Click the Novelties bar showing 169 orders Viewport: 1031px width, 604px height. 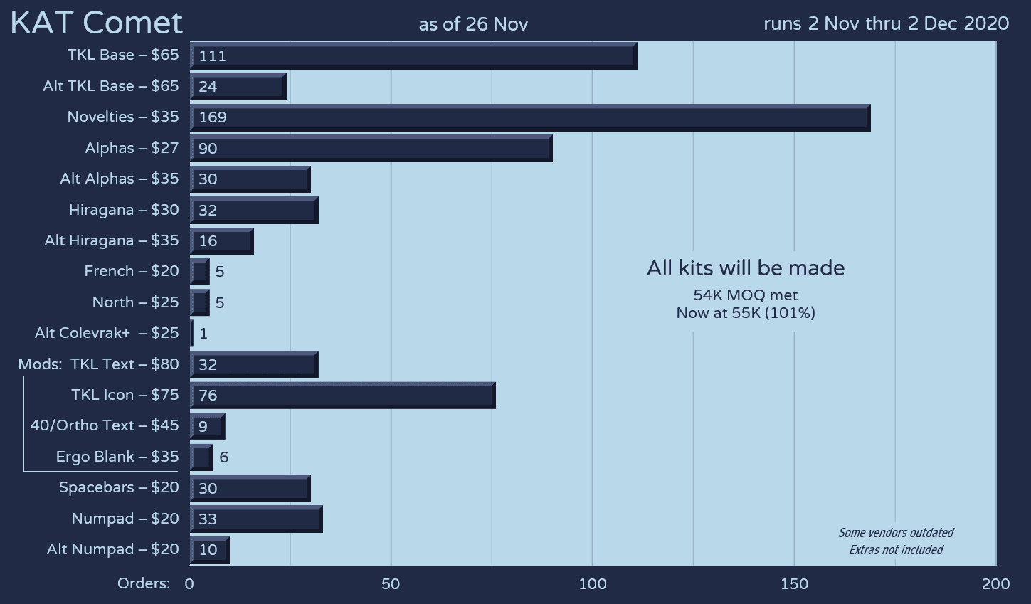point(530,117)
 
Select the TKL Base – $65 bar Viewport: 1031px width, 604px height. point(413,55)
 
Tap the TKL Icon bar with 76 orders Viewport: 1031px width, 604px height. point(342,395)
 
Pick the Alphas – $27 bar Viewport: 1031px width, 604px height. point(371,148)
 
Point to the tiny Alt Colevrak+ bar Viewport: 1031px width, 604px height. point(191,333)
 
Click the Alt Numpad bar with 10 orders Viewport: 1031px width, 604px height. point(209,550)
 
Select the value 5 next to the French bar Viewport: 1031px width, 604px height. point(220,272)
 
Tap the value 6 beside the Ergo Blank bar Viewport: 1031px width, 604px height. point(223,457)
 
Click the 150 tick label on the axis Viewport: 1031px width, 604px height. point(794,584)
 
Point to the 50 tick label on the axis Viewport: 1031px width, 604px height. point(391,584)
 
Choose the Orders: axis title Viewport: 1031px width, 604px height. point(144,583)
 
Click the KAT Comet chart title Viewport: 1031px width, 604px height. point(97,23)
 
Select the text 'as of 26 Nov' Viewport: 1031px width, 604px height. point(473,24)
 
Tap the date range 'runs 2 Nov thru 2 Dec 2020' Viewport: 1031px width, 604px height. point(886,23)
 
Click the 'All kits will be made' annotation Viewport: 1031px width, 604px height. point(746,268)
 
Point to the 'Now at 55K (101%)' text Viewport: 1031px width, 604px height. point(746,313)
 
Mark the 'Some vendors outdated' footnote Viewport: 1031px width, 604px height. point(896,533)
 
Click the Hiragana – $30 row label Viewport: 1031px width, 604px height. point(124,210)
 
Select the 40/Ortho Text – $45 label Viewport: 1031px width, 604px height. point(105,425)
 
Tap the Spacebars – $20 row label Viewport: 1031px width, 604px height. point(119,487)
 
